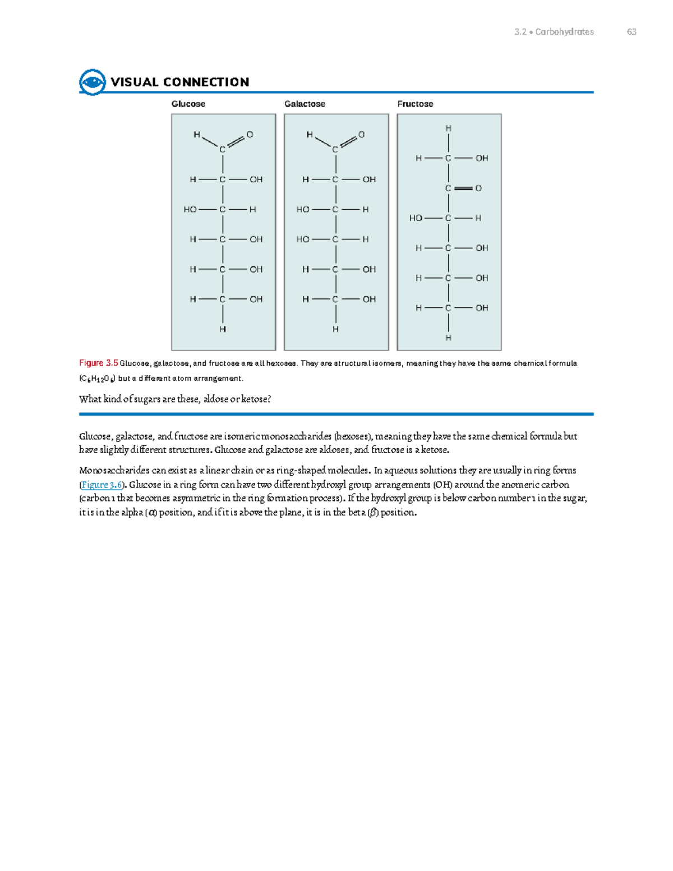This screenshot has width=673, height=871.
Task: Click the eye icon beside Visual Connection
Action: click(x=93, y=82)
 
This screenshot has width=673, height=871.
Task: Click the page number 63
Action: click(x=631, y=32)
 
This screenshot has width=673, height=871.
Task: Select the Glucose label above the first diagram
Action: click(x=188, y=104)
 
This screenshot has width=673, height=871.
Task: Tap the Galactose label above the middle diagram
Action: click(x=305, y=104)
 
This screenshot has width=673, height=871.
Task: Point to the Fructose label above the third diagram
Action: click(x=415, y=104)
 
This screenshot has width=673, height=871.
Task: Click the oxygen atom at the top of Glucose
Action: click(x=250, y=135)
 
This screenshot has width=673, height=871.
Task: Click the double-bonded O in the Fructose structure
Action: click(x=478, y=188)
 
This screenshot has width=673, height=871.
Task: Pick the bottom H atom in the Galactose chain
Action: click(x=335, y=329)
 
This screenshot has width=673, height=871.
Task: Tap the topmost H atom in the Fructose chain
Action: click(x=448, y=128)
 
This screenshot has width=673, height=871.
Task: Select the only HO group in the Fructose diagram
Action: click(x=416, y=218)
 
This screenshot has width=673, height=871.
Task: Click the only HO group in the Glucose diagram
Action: click(x=190, y=209)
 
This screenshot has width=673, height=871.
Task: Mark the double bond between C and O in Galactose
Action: click(x=348, y=141)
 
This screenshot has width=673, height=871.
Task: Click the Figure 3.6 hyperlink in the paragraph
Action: click(x=102, y=485)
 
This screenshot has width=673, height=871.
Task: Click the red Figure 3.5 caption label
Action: click(x=99, y=363)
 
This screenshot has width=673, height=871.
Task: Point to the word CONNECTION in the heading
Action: click(x=206, y=82)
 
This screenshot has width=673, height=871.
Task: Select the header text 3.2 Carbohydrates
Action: click(x=554, y=32)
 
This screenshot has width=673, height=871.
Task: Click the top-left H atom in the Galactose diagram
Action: click(x=310, y=135)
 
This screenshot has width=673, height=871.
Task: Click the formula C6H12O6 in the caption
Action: click(x=98, y=379)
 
